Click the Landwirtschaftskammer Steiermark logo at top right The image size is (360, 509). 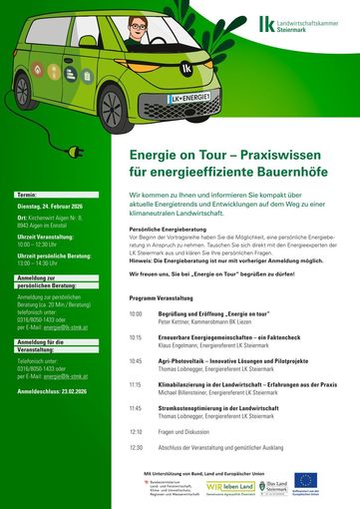click(295, 24)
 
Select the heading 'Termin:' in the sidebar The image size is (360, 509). click(27, 193)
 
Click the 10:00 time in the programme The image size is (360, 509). click(136, 313)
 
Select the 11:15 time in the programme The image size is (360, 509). click(136, 384)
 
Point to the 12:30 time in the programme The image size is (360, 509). click(136, 448)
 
